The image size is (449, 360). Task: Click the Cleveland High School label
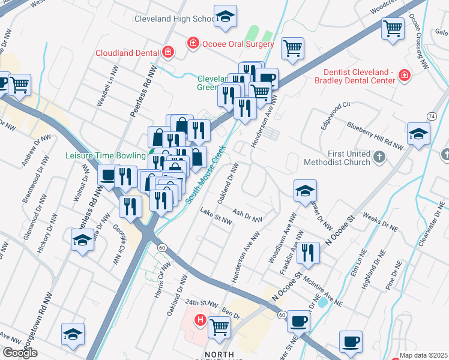(x=174, y=19)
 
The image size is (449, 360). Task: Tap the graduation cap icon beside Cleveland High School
(x=225, y=17)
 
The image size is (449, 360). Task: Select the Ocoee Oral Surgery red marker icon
(x=193, y=43)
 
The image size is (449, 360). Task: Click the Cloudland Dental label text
(x=127, y=52)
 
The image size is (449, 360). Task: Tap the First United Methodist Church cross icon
(x=378, y=157)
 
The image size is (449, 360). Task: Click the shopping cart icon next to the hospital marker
(x=220, y=327)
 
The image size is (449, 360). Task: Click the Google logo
(x=20, y=353)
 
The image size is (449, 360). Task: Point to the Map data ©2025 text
(x=423, y=355)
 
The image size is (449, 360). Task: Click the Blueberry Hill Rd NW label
(x=376, y=135)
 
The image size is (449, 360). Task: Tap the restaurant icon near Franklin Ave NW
(x=308, y=253)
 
